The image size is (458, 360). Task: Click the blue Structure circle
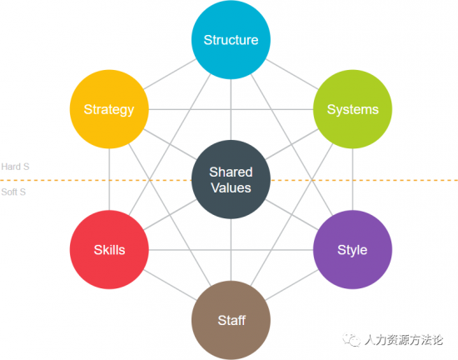[231, 39]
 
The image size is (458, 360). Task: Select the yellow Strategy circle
[109, 109]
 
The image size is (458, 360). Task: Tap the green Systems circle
[352, 109]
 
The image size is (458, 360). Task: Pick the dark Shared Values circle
[231, 179]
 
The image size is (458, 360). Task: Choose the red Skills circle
[109, 249]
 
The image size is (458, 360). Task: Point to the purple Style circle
[352, 249]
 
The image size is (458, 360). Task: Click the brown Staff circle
[231, 320]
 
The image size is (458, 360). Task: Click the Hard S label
[15, 167]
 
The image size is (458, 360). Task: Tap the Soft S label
[13, 192]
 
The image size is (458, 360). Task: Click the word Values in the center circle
[231, 187]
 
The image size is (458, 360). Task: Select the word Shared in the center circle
[231, 172]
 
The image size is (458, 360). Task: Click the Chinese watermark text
[404, 340]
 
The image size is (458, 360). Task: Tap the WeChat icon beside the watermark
[351, 340]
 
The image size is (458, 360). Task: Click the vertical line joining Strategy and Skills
[109, 179]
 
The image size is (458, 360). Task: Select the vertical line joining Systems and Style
[352, 179]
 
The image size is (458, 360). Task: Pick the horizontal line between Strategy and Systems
[231, 109]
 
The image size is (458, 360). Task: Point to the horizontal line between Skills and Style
[231, 250]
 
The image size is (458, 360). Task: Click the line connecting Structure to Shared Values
[231, 109]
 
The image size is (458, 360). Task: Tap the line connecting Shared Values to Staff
[231, 250]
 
